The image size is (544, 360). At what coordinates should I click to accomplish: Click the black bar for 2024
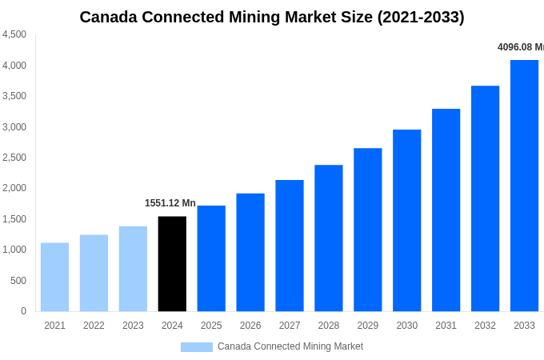(x=172, y=264)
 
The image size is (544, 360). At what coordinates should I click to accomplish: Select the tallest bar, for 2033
(x=524, y=186)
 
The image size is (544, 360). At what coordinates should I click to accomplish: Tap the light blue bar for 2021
(x=54, y=277)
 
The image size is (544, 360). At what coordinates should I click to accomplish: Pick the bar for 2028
(x=328, y=238)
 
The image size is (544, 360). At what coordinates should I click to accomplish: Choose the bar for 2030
(x=406, y=221)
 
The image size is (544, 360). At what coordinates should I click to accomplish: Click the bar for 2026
(x=250, y=252)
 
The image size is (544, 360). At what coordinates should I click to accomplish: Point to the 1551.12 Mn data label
(x=170, y=203)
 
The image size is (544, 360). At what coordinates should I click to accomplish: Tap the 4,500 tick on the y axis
(x=14, y=34)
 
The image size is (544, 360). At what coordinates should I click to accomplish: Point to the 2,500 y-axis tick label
(x=14, y=158)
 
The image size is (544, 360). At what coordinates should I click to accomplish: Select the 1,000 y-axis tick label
(x=14, y=250)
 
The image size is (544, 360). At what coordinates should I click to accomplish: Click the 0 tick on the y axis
(x=23, y=311)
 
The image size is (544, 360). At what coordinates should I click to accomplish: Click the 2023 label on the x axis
(x=133, y=326)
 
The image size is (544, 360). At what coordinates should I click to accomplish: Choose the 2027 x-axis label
(x=290, y=326)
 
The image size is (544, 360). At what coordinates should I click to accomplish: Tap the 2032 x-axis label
(x=485, y=326)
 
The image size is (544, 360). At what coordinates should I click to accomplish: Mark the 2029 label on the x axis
(x=368, y=326)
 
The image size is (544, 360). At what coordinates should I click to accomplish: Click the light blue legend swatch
(x=196, y=347)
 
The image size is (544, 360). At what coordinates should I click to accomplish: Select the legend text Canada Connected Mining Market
(x=290, y=346)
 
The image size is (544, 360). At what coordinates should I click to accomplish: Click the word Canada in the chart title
(x=110, y=17)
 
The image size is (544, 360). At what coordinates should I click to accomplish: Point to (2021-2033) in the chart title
(x=421, y=17)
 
